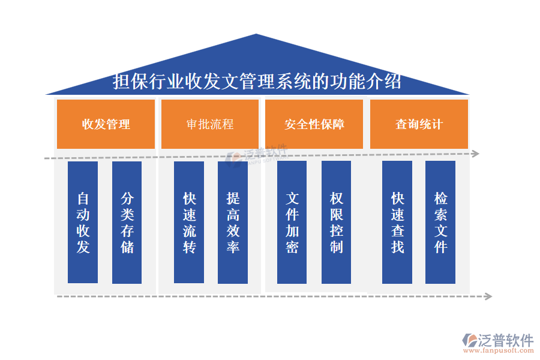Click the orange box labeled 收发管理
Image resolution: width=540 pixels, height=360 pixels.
pos(106,124)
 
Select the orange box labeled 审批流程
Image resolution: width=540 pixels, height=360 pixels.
pos(210,124)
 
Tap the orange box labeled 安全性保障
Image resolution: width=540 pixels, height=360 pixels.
pos(314,124)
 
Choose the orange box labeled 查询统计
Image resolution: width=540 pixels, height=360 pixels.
pos(419,124)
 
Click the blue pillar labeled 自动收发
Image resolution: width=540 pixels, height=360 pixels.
pos(83,222)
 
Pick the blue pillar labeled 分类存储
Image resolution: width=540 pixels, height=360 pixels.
pos(127,222)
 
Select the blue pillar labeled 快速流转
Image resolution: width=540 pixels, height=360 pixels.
pos(189,222)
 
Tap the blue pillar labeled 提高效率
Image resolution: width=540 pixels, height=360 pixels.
pos(233,222)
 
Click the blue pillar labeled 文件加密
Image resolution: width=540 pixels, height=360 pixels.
pos(292,222)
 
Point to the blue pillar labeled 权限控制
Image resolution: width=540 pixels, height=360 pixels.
pos(336,222)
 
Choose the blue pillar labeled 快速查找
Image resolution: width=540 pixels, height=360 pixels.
pos(397,222)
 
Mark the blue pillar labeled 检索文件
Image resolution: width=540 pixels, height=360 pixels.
pos(440,222)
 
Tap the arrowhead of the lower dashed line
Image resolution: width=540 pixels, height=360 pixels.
pos(488,296)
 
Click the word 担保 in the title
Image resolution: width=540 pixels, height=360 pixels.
pos(131,82)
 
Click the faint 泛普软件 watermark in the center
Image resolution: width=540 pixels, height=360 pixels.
pos(258,154)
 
